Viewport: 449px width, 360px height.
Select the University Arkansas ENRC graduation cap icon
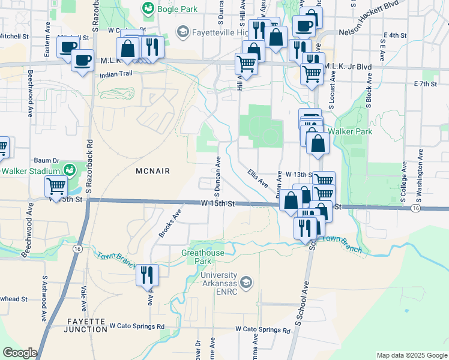tap(245, 282)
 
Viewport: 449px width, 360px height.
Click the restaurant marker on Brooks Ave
tap(147, 275)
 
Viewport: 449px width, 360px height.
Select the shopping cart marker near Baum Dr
tap(56, 187)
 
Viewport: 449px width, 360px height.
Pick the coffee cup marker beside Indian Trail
tap(82, 59)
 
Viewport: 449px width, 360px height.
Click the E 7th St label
tap(424, 84)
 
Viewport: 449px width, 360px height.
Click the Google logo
tap(20, 353)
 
